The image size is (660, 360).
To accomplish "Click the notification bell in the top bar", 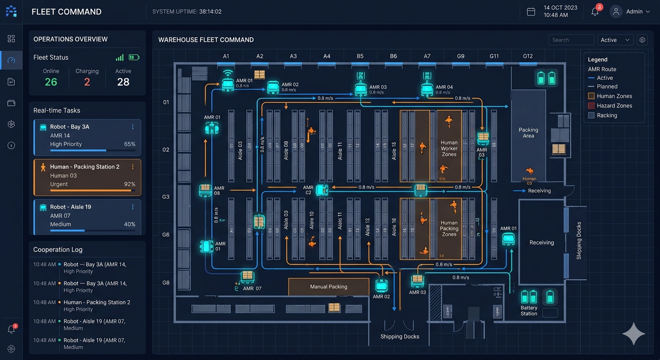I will [595, 12].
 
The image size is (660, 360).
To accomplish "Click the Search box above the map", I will [570, 40].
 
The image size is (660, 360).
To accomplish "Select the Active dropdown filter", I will [615, 40].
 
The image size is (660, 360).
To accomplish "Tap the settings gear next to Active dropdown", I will [642, 40].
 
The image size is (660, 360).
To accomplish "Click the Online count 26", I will [51, 82].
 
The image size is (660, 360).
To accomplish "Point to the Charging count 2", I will [87, 82].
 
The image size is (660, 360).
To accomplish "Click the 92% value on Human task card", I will [129, 184].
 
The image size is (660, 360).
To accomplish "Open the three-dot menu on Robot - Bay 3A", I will [133, 127].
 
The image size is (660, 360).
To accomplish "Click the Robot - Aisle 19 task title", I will [70, 207].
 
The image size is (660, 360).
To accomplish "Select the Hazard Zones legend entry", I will [614, 105].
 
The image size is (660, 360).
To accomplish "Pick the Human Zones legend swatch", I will [591, 96].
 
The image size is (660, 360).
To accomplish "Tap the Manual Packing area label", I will [329, 286].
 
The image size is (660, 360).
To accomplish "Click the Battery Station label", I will [529, 311].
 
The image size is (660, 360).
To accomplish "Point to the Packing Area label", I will [528, 133].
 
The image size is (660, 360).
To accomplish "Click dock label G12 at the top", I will [528, 56].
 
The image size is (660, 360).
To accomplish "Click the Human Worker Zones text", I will [449, 148].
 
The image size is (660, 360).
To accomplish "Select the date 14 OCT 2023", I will [560, 8].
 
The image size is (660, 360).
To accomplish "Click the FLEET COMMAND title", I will [67, 12].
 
